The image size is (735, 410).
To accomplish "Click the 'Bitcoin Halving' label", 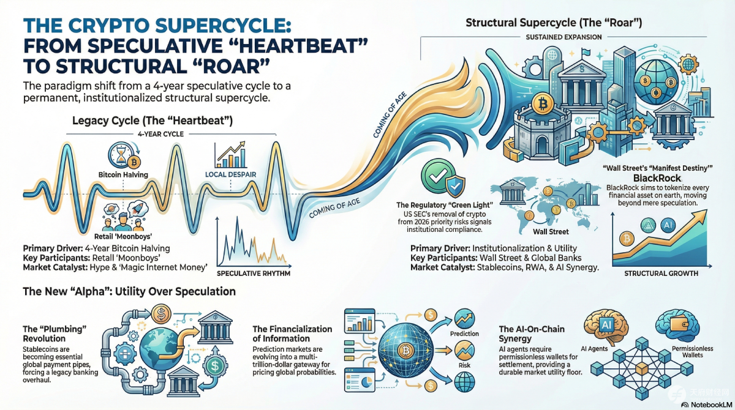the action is coord(123,174).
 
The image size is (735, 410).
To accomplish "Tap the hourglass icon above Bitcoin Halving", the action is coord(121,155).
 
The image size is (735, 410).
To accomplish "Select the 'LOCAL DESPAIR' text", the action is coord(230,174).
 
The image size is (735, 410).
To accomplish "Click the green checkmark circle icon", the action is coord(438,176).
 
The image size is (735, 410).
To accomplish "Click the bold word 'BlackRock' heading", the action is coord(657,178).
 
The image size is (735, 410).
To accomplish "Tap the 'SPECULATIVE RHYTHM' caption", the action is coord(254,274).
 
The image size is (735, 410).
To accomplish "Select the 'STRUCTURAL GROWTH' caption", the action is coord(661,274).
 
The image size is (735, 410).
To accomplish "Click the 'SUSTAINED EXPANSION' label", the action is coord(563,37).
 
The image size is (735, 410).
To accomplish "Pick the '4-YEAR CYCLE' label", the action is coord(160,134).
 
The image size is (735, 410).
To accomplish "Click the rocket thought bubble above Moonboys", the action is coord(137,209).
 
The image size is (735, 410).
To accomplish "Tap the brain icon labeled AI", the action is coord(606,326).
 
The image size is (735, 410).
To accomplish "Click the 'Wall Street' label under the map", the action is coord(551,232).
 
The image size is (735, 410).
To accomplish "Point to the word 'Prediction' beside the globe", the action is coord(464,334).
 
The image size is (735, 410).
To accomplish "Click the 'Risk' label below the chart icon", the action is coord(464,365).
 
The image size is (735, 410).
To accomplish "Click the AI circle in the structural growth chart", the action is coord(668,225).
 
